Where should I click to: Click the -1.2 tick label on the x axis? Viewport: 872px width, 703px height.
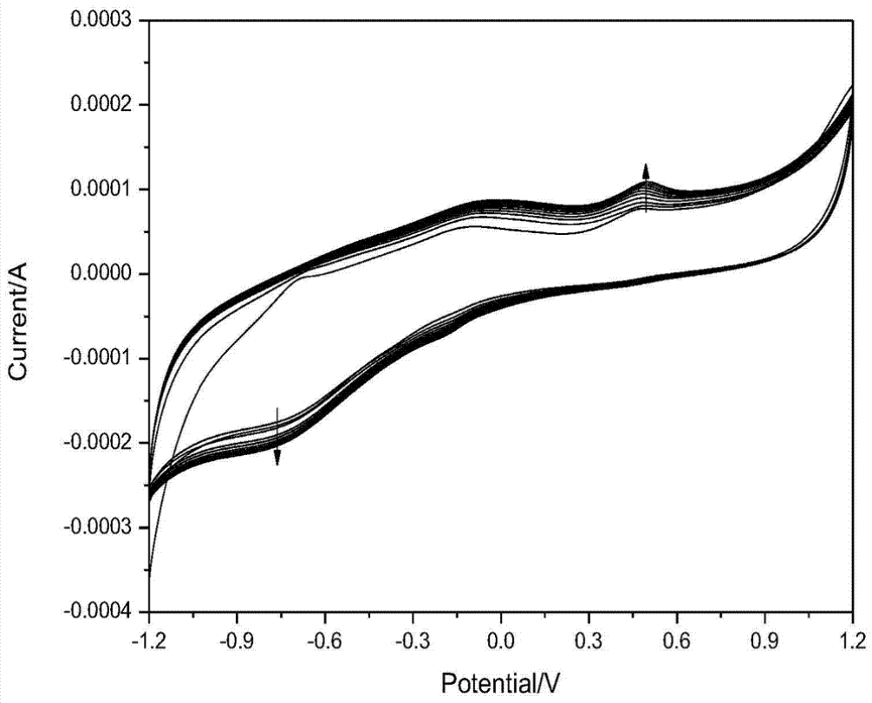(149, 641)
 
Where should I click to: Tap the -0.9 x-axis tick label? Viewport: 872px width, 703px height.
(237, 641)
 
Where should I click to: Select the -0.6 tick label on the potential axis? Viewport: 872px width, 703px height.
(324, 641)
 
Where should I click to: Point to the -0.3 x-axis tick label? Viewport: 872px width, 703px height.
(412, 641)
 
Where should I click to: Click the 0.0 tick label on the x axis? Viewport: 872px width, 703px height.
(501, 641)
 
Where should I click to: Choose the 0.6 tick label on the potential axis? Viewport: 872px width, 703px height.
(676, 641)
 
